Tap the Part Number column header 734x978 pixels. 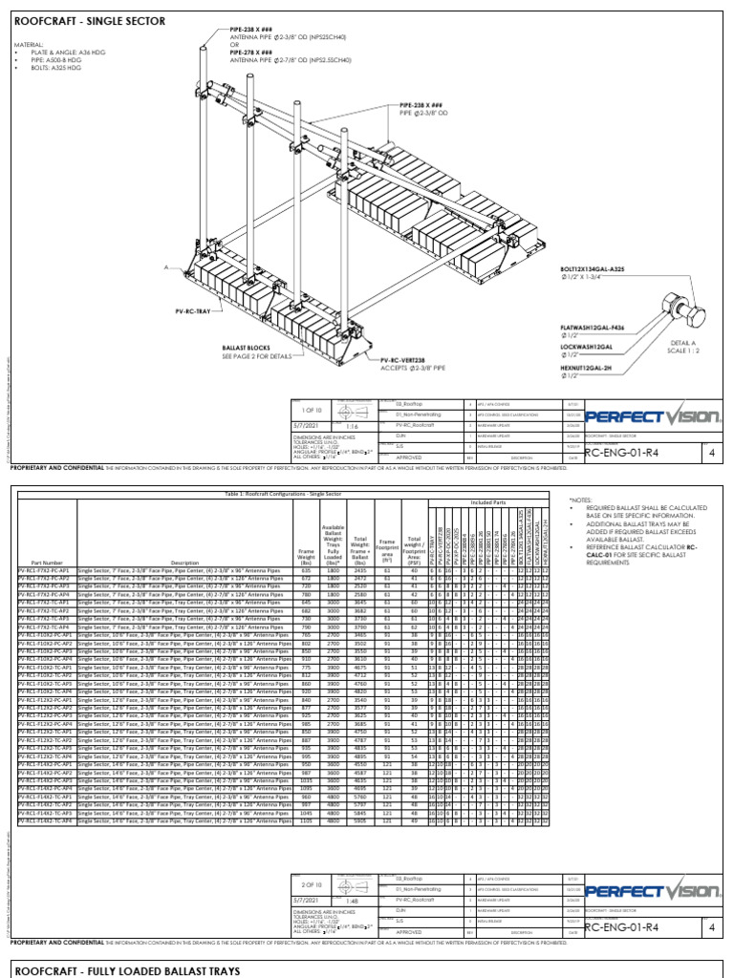46,563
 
